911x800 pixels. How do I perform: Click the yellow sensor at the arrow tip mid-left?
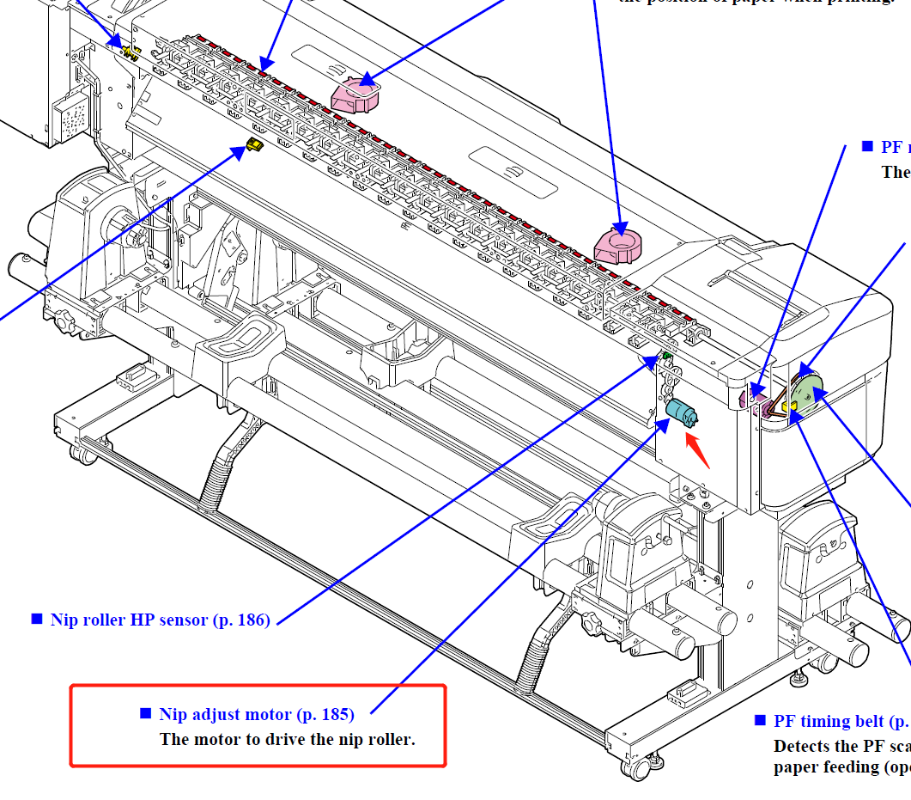254,144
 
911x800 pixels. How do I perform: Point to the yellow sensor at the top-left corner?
131,52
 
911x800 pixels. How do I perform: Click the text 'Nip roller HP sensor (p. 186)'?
161,620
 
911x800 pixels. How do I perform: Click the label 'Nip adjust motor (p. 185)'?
257,714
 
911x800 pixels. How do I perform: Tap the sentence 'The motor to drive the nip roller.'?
288,739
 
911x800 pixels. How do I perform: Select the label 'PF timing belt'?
829,721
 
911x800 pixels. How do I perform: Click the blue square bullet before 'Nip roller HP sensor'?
37,619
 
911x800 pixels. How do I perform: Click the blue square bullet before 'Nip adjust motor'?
145,713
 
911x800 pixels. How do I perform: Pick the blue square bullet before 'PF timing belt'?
759,720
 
